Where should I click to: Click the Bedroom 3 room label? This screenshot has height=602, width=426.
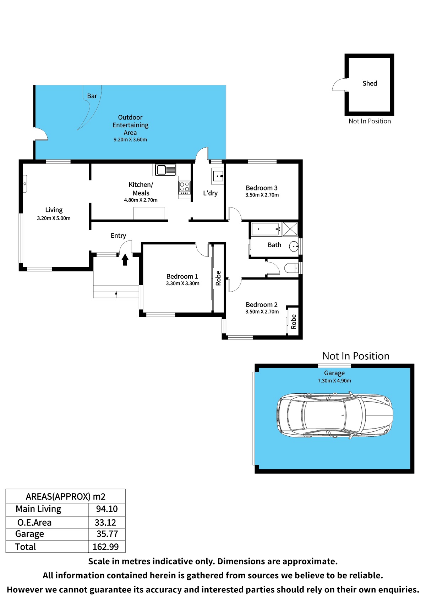(261, 188)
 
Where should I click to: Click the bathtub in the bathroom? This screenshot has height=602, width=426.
(267, 229)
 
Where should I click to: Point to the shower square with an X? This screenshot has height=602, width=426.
(290, 229)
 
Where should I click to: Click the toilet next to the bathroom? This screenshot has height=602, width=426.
(291, 268)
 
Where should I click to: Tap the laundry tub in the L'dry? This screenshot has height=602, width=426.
(218, 176)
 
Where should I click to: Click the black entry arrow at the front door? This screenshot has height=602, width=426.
(125, 260)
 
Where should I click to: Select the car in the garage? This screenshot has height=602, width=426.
(335, 415)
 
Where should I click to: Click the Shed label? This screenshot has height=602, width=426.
(370, 83)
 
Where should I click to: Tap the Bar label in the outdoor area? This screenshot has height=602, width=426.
(92, 96)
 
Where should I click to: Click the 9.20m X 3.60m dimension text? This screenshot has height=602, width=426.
(130, 139)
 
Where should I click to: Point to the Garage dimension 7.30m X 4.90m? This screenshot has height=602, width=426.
(334, 381)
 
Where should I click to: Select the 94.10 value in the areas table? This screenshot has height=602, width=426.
(107, 509)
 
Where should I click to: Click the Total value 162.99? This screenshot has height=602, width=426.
(106, 547)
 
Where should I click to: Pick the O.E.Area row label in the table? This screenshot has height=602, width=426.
(34, 523)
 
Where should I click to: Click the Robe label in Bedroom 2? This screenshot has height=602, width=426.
(294, 322)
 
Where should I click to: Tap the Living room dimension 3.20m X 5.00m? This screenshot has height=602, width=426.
(54, 218)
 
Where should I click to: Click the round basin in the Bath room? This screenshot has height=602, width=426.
(294, 246)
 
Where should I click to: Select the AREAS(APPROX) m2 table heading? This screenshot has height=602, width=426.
(65, 496)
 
